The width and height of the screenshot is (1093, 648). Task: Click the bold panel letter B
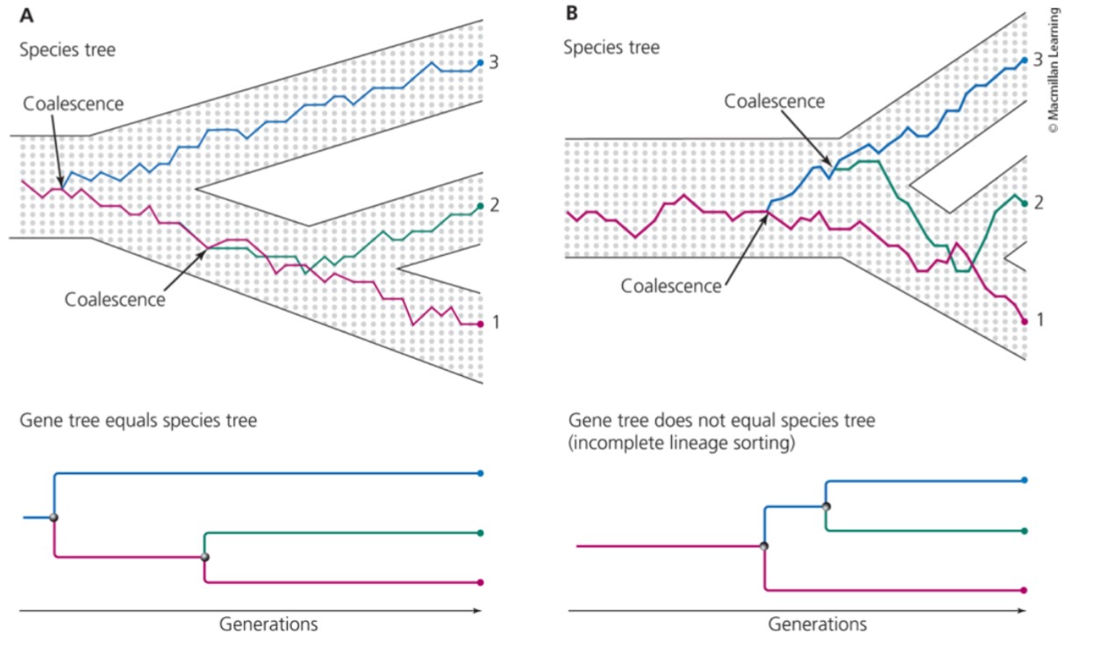point(572,13)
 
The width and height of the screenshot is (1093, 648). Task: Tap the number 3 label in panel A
point(495,62)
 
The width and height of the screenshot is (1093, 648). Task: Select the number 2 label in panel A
point(495,205)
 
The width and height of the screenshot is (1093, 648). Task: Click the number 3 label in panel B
point(1039,60)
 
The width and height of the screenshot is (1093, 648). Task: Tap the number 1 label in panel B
point(1039,320)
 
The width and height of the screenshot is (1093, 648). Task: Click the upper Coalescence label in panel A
point(74,104)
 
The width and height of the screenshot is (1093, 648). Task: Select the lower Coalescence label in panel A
point(115,299)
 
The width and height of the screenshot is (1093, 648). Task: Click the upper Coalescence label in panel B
point(774,101)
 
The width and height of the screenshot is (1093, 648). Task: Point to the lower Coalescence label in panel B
point(670,286)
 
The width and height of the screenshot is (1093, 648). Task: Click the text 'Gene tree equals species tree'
point(139,421)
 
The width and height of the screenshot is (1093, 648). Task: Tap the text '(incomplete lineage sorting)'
point(682,444)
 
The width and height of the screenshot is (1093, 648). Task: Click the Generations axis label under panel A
point(268,624)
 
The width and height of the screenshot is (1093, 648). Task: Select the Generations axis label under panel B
point(817,624)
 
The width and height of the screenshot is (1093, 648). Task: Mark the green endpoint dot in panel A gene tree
point(480,532)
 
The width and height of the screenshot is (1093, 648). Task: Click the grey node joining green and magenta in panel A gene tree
point(204,557)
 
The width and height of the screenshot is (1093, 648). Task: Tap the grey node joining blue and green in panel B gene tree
point(825,506)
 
